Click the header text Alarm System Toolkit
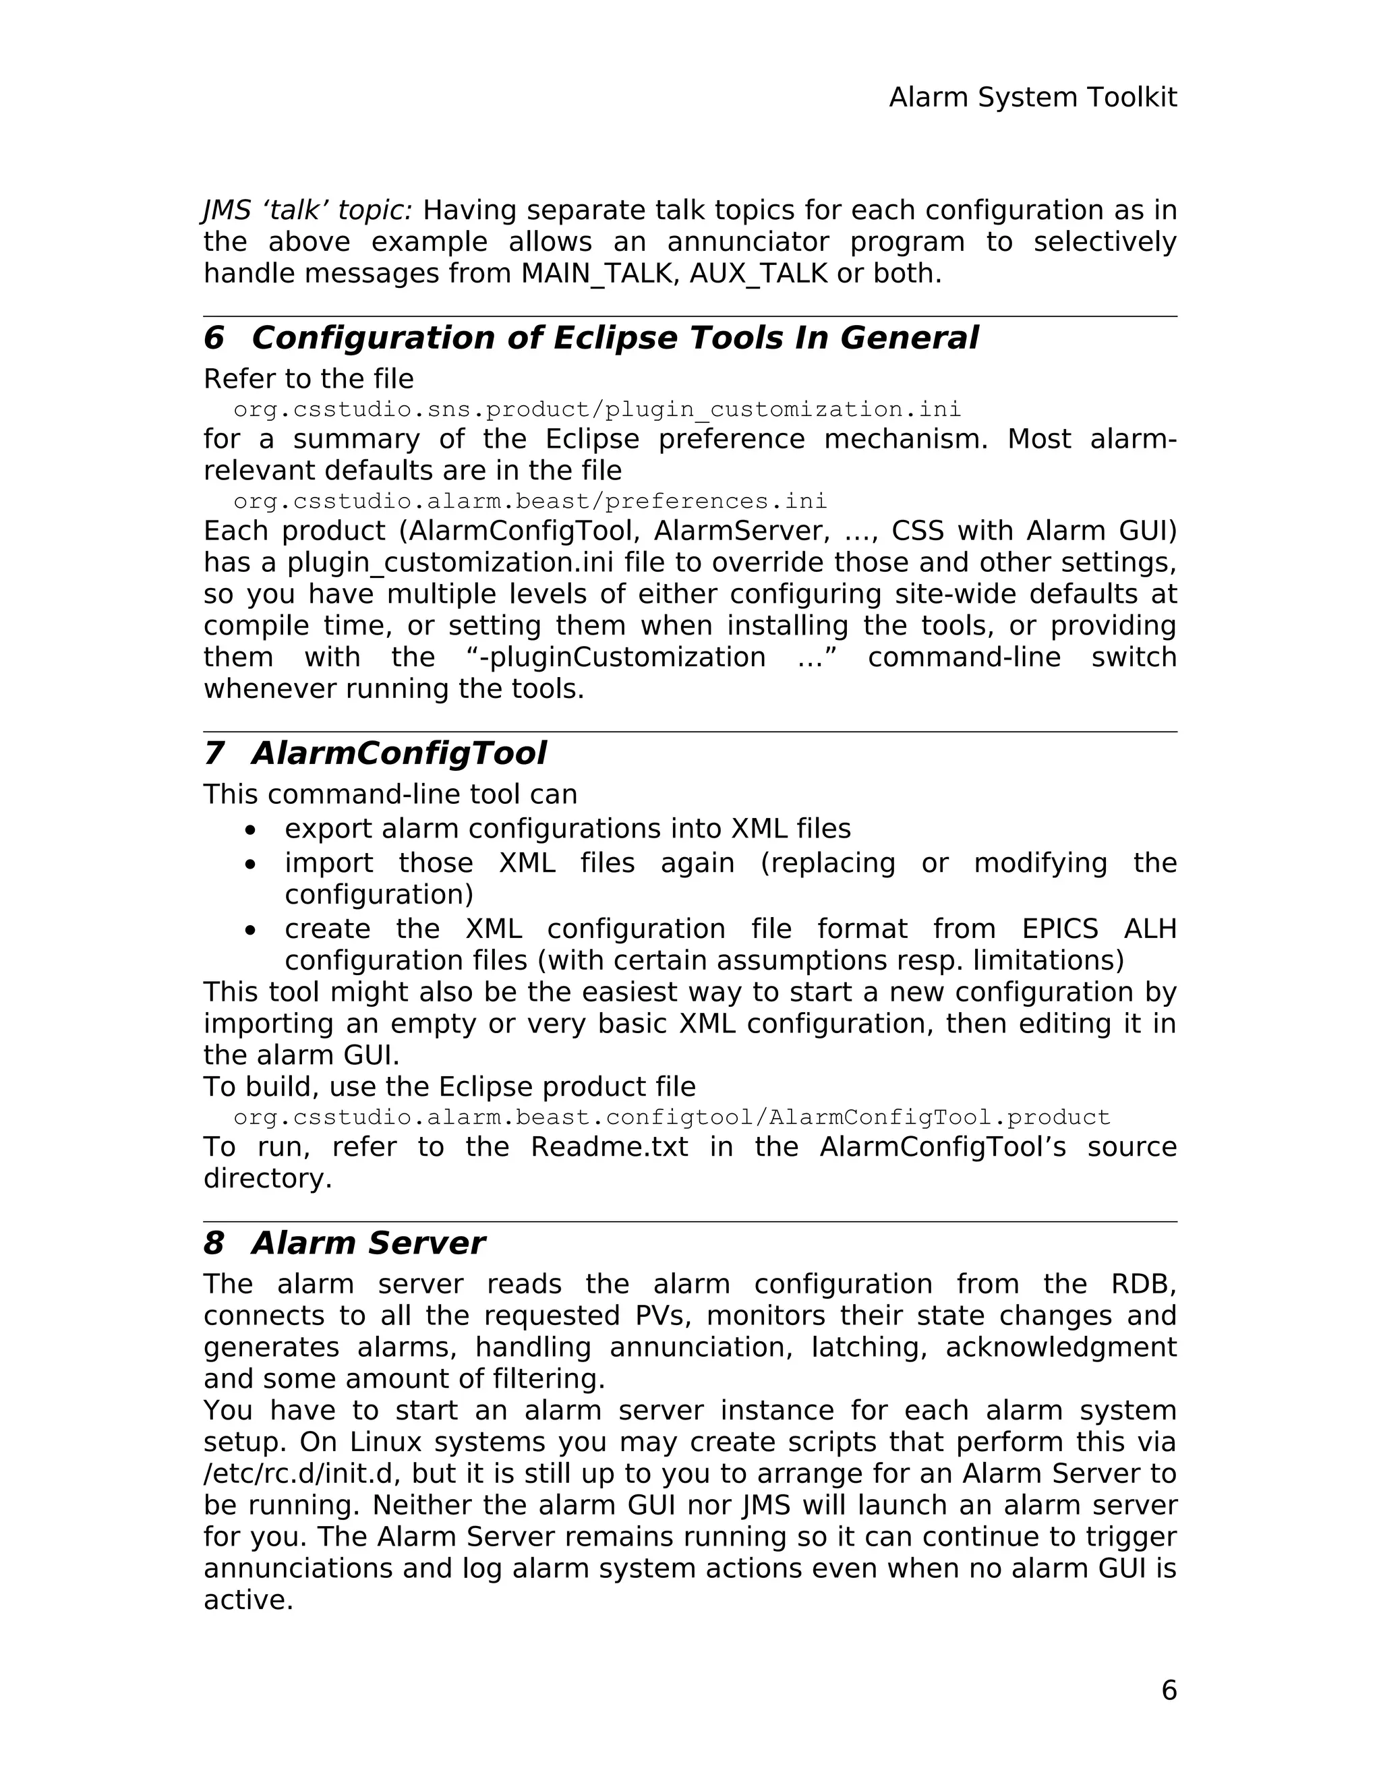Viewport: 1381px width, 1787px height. (x=1032, y=97)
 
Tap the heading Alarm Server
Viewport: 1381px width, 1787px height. (x=368, y=1243)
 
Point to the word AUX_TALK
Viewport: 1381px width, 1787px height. (x=759, y=273)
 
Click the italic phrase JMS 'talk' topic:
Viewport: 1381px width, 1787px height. (x=307, y=210)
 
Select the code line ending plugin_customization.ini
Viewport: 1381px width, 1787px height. (x=597, y=409)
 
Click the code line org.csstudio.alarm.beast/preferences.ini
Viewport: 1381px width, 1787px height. (x=530, y=501)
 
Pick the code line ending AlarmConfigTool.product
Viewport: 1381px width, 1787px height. (x=672, y=1117)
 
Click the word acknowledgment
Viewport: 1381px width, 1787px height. (x=1060, y=1347)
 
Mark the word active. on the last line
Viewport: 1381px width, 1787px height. (x=248, y=1600)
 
